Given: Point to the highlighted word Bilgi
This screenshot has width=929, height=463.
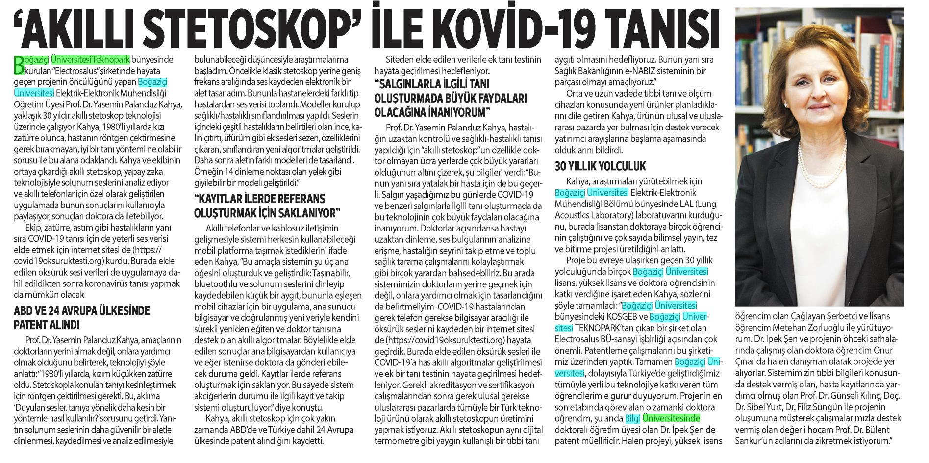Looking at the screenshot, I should pyautogui.click(x=632, y=418).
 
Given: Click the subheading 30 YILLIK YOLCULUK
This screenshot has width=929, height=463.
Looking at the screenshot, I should pyautogui.click(x=601, y=166).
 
